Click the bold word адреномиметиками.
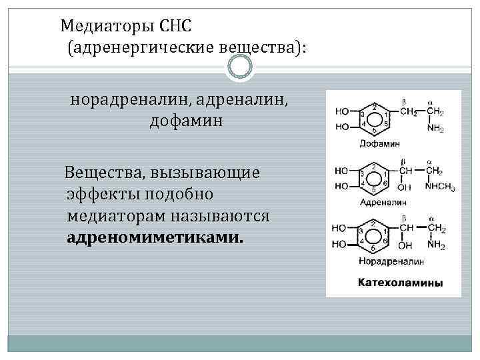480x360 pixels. tap(155, 237)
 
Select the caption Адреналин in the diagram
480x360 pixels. tap(383, 201)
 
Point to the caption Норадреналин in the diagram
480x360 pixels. tap(387, 260)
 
